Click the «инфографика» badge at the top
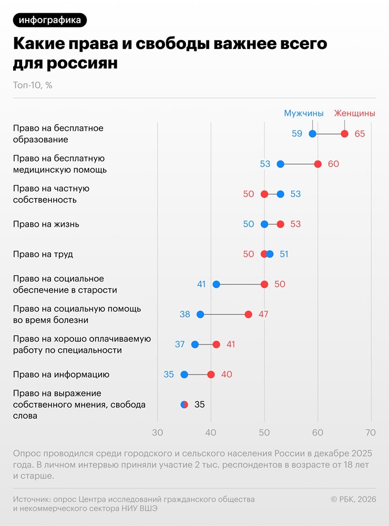coord(50,20)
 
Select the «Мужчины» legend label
coord(303,113)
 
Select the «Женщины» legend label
coord(354,113)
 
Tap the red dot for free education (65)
coord(344,134)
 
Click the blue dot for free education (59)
coord(312,134)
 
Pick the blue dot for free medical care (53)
coord(280,164)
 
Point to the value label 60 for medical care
coord(333,164)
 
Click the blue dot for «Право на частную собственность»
coord(280,194)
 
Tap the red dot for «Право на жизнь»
coord(280,224)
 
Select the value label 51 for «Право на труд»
coord(284,255)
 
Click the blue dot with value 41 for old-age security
coord(216,285)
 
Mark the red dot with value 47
coord(248,315)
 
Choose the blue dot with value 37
coord(195,345)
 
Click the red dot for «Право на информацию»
coord(211,375)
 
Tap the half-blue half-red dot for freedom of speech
coord(184,404)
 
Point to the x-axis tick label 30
coord(157,433)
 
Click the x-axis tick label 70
coord(371,433)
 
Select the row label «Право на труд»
coord(43,255)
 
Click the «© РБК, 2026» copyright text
coord(353,499)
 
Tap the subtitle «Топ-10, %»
coord(33,85)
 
